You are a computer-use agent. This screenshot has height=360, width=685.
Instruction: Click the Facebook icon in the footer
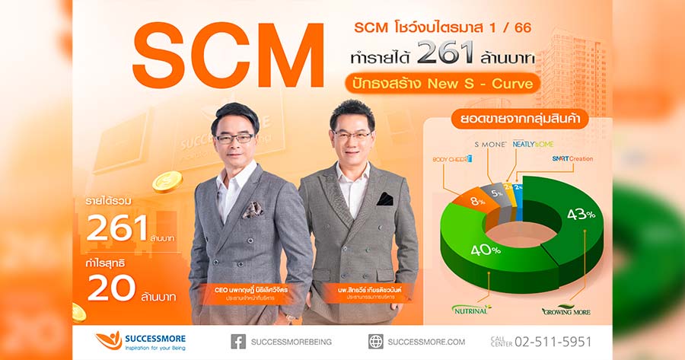(x=238, y=341)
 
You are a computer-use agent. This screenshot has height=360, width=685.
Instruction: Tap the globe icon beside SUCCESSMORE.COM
(x=376, y=341)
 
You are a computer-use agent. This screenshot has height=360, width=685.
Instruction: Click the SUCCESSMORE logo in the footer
(x=140, y=340)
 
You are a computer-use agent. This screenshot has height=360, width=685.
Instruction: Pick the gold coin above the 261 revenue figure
(x=167, y=181)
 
